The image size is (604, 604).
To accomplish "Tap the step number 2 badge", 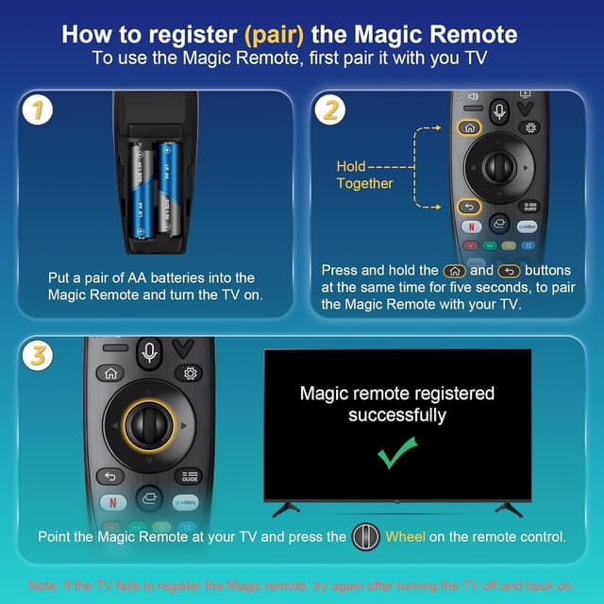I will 330,111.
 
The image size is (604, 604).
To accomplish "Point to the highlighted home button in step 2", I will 469,127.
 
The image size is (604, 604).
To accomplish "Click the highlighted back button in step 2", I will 469,206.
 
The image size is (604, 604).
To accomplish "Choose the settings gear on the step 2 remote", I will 530,127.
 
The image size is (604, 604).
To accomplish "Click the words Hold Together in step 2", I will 364,175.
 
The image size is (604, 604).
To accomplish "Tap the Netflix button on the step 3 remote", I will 112,501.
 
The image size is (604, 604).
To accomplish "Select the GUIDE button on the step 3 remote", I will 188,477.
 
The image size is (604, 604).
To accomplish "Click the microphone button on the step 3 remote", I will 149,352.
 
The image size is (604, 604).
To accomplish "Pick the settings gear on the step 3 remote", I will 188,373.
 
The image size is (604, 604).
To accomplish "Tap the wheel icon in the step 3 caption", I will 365,537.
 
